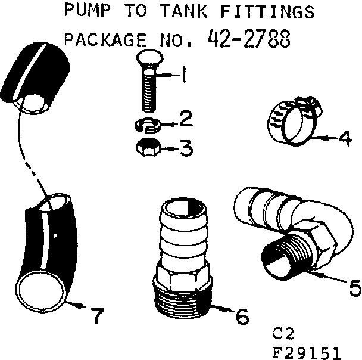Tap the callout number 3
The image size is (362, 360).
click(186, 148)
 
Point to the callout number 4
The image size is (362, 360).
click(345, 138)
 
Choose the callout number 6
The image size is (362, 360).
click(241, 316)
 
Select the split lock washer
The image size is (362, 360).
click(147, 125)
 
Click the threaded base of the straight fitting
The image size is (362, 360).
click(182, 296)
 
